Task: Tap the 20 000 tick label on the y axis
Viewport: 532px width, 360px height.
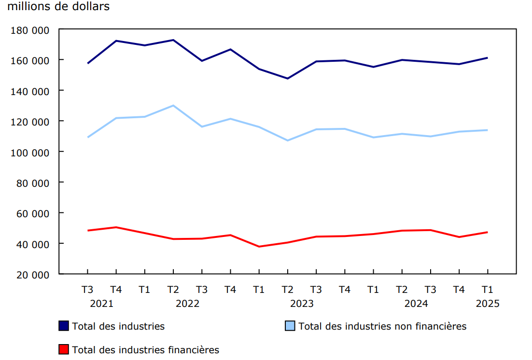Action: [x=33, y=275]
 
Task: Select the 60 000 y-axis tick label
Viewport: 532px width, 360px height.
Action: [x=33, y=213]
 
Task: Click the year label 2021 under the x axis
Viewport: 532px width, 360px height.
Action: [x=101, y=304]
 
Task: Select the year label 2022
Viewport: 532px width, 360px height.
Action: [x=187, y=304]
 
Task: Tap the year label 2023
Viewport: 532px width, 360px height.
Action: [x=302, y=304]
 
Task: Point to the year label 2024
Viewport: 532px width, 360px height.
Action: [x=416, y=304]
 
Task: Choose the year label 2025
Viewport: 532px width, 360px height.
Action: [x=488, y=304]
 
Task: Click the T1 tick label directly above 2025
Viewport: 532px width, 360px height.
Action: [x=488, y=290]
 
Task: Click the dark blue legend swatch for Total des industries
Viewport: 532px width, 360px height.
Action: [x=64, y=326]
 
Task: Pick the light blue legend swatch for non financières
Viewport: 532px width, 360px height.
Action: [x=290, y=326]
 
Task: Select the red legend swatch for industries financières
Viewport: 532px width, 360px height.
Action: [x=64, y=349]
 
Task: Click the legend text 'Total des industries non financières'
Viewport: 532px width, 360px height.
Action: [x=382, y=326]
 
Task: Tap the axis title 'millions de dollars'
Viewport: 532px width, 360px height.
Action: [x=58, y=7]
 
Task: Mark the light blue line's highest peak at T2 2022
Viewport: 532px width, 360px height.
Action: [x=173, y=105]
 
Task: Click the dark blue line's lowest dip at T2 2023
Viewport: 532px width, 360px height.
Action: [x=288, y=78]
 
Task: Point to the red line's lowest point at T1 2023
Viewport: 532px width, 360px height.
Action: [x=259, y=247]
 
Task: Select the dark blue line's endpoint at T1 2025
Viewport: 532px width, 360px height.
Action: [x=488, y=58]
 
